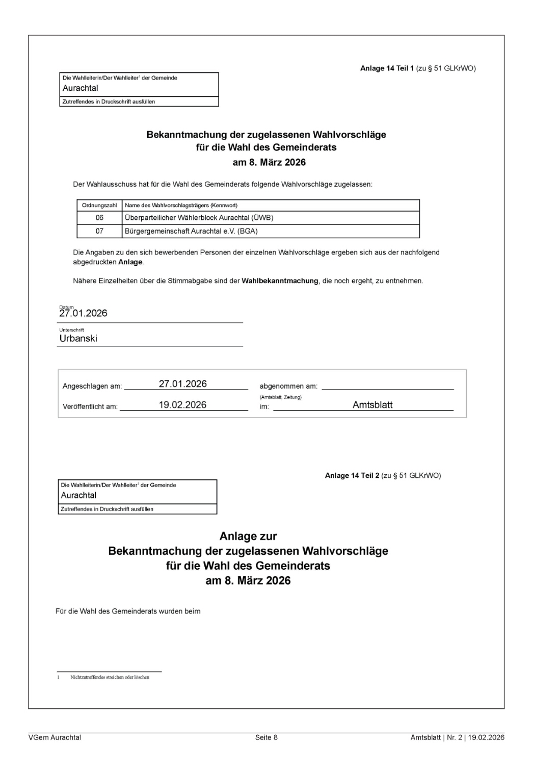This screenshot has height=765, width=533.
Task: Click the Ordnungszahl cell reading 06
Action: [99, 218]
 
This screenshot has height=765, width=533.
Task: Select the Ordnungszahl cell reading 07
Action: [99, 231]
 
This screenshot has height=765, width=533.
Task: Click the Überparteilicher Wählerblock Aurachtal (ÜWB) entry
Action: [199, 218]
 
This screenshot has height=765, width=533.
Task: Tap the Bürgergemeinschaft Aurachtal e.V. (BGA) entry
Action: [191, 231]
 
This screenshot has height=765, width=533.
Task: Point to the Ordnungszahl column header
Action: [99, 206]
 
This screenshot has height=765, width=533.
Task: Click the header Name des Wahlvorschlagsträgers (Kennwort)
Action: [181, 206]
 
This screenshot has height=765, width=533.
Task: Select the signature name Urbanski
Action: [78, 339]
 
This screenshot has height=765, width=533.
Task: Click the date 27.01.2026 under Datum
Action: [84, 314]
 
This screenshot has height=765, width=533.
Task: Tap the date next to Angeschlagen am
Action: [182, 384]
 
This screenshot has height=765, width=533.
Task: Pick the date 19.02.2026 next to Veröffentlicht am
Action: [182, 405]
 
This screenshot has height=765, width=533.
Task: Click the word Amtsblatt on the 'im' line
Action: [372, 405]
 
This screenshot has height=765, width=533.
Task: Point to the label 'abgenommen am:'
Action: [288, 387]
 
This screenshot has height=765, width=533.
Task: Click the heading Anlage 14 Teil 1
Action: [387, 68]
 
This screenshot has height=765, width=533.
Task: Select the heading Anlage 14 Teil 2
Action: [352, 476]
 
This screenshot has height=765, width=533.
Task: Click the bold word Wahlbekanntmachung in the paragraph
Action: [280, 281]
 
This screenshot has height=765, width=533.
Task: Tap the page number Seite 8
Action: [266, 737]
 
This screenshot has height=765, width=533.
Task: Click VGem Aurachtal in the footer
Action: [55, 737]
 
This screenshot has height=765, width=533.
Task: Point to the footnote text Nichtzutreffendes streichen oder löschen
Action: [110, 677]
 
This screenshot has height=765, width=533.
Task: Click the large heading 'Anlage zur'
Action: [248, 537]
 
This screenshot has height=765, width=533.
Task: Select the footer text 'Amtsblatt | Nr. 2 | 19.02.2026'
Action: [457, 737]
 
